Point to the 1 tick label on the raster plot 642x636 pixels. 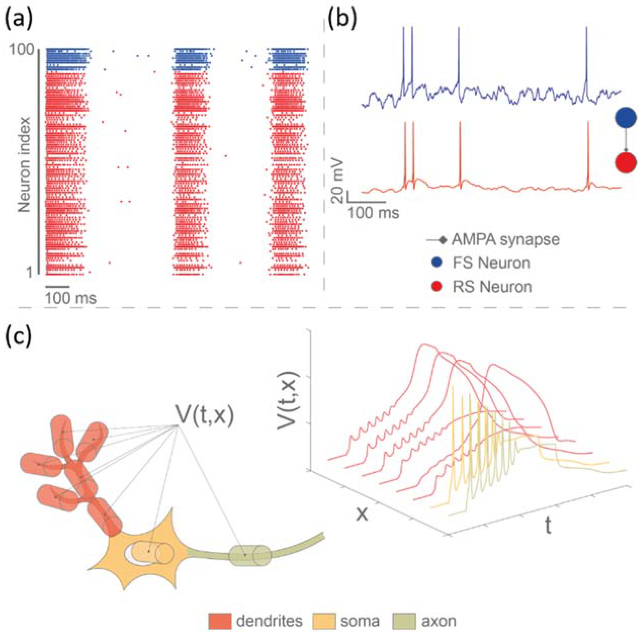(30, 272)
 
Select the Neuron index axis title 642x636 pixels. (24, 164)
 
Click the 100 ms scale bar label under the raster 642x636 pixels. (71, 298)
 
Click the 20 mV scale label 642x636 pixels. (338, 182)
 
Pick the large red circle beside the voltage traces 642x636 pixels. (626, 163)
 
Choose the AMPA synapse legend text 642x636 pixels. (505, 239)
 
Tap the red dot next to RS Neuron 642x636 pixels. (438, 287)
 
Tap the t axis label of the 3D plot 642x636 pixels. (548, 526)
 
